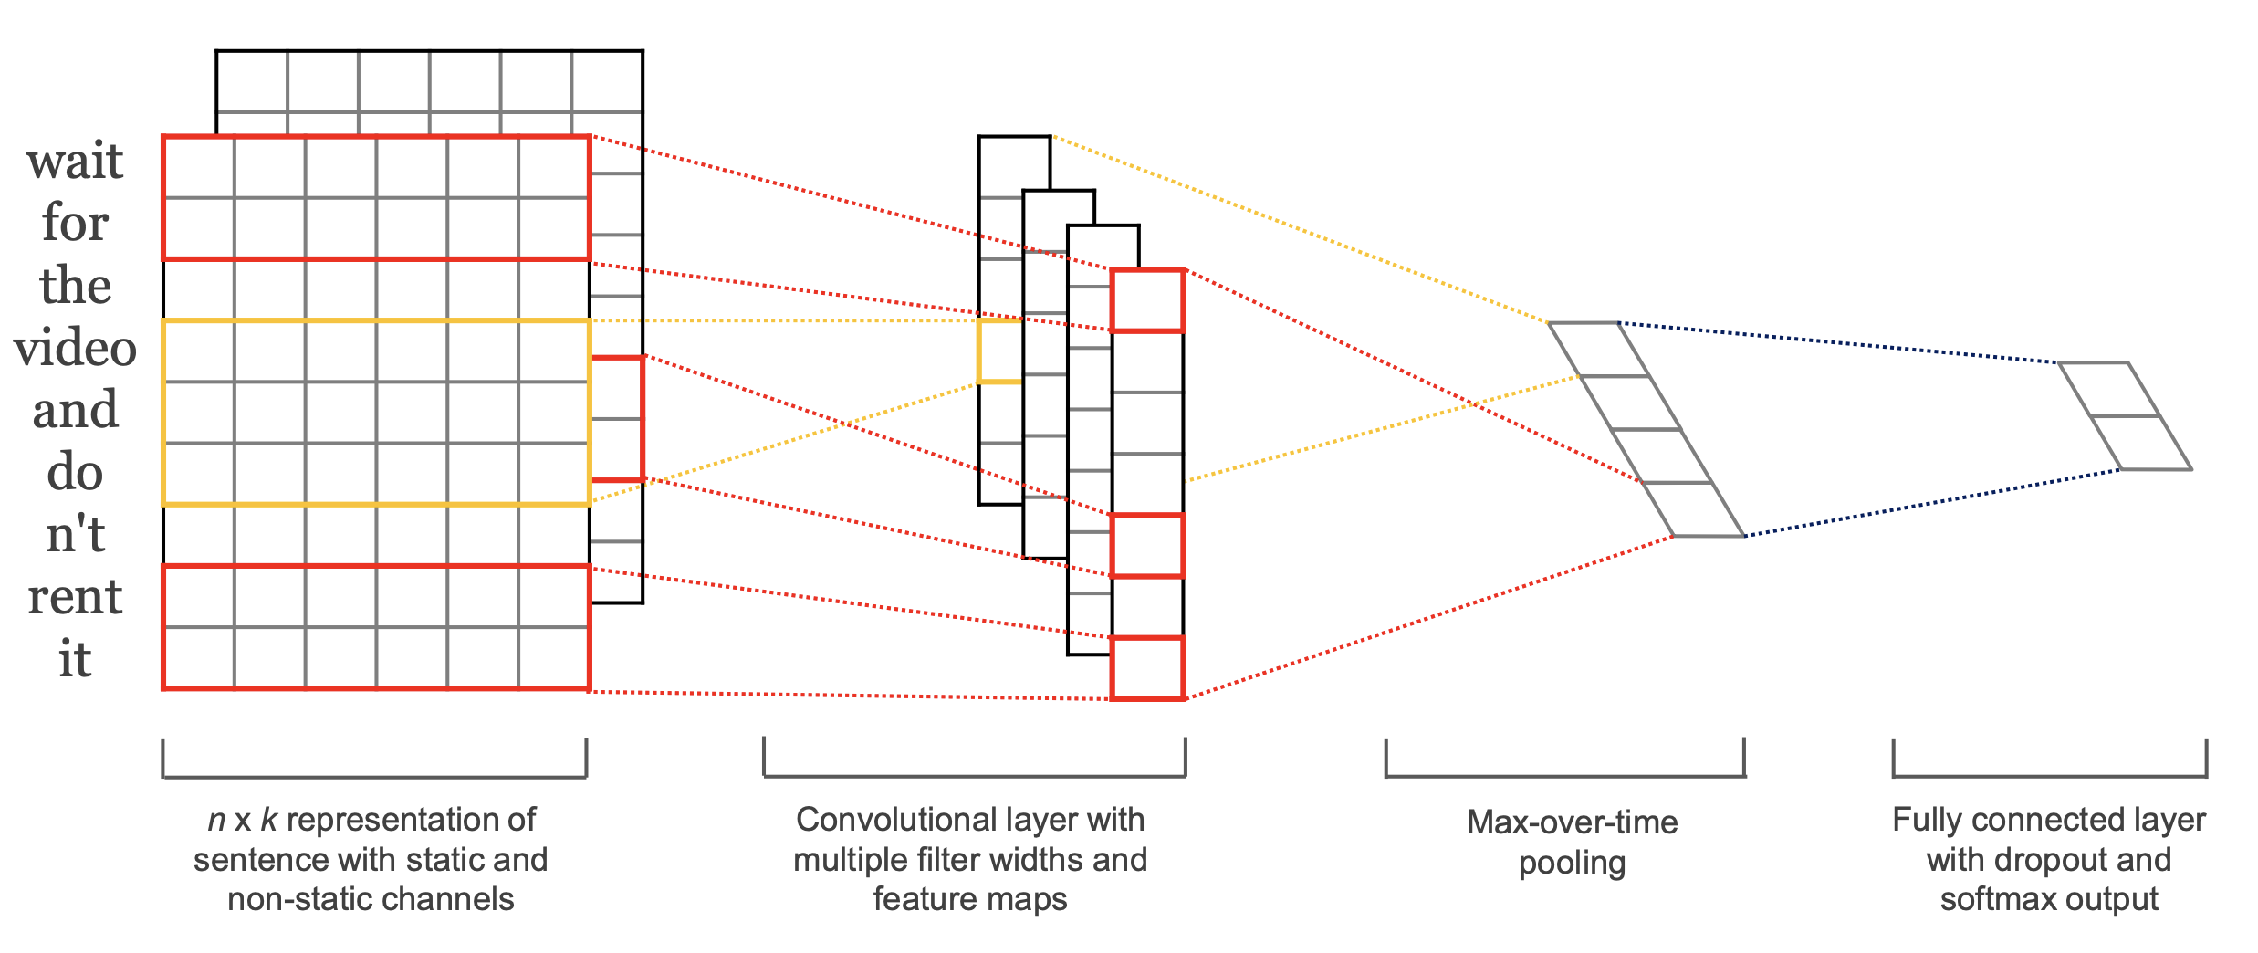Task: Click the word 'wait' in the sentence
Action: point(75,162)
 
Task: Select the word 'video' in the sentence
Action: point(75,348)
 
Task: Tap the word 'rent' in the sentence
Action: point(75,597)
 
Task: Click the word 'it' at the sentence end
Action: point(75,658)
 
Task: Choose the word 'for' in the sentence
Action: point(75,223)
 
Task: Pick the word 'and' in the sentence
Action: point(75,410)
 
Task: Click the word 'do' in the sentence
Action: point(75,472)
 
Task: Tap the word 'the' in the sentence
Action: point(75,286)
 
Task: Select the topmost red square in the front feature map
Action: point(1147,300)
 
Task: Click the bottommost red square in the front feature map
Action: point(1147,668)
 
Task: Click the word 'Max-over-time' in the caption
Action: point(1572,822)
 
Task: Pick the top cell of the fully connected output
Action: point(2108,390)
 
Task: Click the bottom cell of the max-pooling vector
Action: point(1693,509)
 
